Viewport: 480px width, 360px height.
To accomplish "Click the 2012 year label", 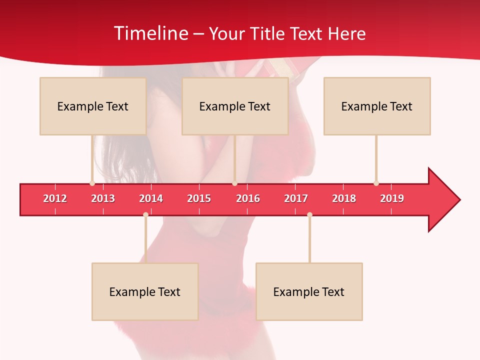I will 55,198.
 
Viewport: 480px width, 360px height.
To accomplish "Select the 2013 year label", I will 103,198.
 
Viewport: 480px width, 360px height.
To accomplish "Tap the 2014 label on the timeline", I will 151,198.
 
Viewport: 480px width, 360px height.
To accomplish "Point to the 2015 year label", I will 199,198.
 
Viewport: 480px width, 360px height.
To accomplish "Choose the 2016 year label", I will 248,198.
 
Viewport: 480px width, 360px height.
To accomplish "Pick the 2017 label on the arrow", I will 296,198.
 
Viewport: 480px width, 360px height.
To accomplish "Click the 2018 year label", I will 344,198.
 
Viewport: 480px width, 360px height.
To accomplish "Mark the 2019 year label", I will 392,198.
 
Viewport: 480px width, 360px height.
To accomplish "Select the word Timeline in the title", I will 150,33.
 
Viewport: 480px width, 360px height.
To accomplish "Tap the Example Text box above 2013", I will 93,106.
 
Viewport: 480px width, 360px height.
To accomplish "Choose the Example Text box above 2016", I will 235,106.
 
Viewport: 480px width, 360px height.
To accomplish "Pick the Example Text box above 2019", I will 377,106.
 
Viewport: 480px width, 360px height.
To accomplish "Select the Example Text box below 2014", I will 145,291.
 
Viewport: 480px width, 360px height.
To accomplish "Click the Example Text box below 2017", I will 309,291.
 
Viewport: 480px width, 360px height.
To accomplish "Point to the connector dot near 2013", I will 92,183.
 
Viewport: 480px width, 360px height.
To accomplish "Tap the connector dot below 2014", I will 145,214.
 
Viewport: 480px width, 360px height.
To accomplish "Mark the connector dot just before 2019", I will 376,183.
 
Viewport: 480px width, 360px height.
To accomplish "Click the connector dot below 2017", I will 309,214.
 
